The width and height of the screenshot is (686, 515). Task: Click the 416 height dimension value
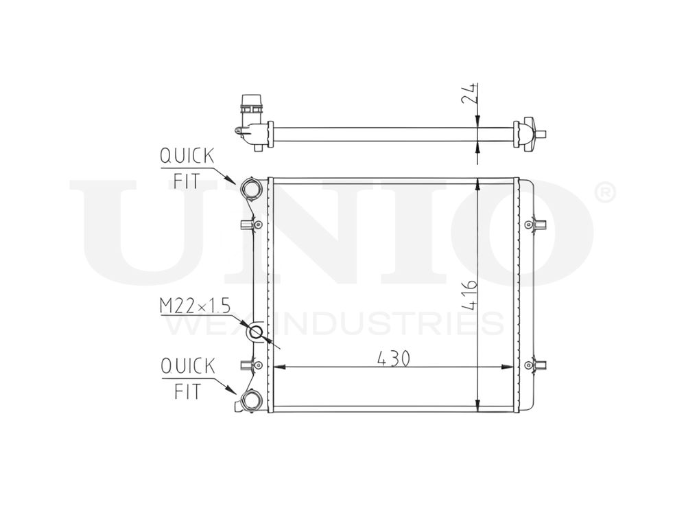(x=469, y=295)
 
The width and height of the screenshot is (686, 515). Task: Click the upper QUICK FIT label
(x=186, y=168)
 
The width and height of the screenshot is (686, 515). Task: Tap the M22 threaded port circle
(x=257, y=334)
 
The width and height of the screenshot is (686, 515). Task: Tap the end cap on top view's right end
(x=528, y=133)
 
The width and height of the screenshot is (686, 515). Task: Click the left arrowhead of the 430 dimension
(x=279, y=367)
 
